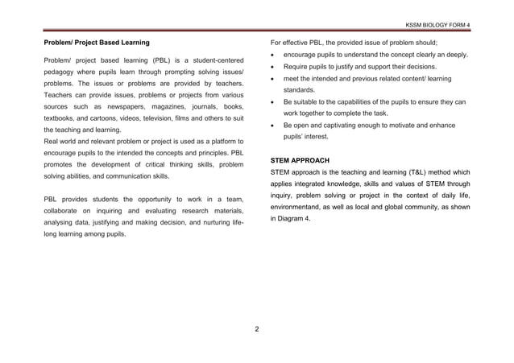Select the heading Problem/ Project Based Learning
(96, 40)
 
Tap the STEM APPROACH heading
(298, 160)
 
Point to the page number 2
(256, 329)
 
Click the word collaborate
(64, 211)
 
